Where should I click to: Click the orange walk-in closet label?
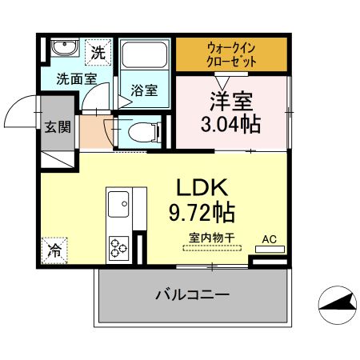[x=230, y=53]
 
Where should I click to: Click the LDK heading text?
[x=203, y=189]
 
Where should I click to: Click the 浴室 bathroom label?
[x=145, y=90]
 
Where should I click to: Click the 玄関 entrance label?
[x=56, y=126]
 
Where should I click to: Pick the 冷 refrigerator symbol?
[x=54, y=250]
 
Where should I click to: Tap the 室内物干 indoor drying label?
[x=211, y=237]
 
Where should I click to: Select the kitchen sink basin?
[x=125, y=204]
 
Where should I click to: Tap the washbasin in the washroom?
[x=63, y=50]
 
